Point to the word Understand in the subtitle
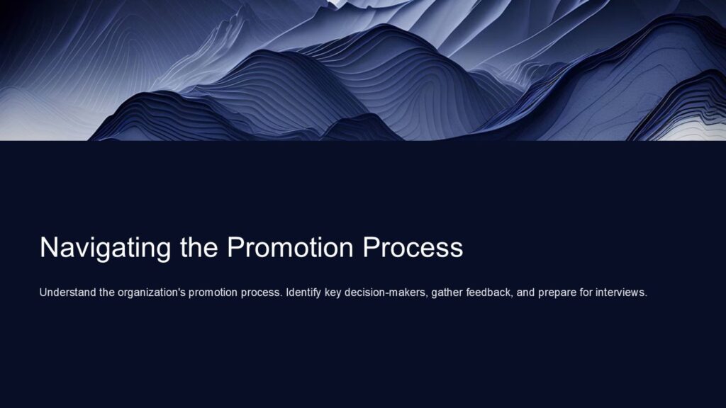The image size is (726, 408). pyautogui.click(x=68, y=293)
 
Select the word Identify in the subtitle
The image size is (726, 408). pyautogui.click(x=303, y=293)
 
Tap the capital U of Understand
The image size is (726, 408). pyautogui.click(x=43, y=293)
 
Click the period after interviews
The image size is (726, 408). pyautogui.click(x=647, y=295)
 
